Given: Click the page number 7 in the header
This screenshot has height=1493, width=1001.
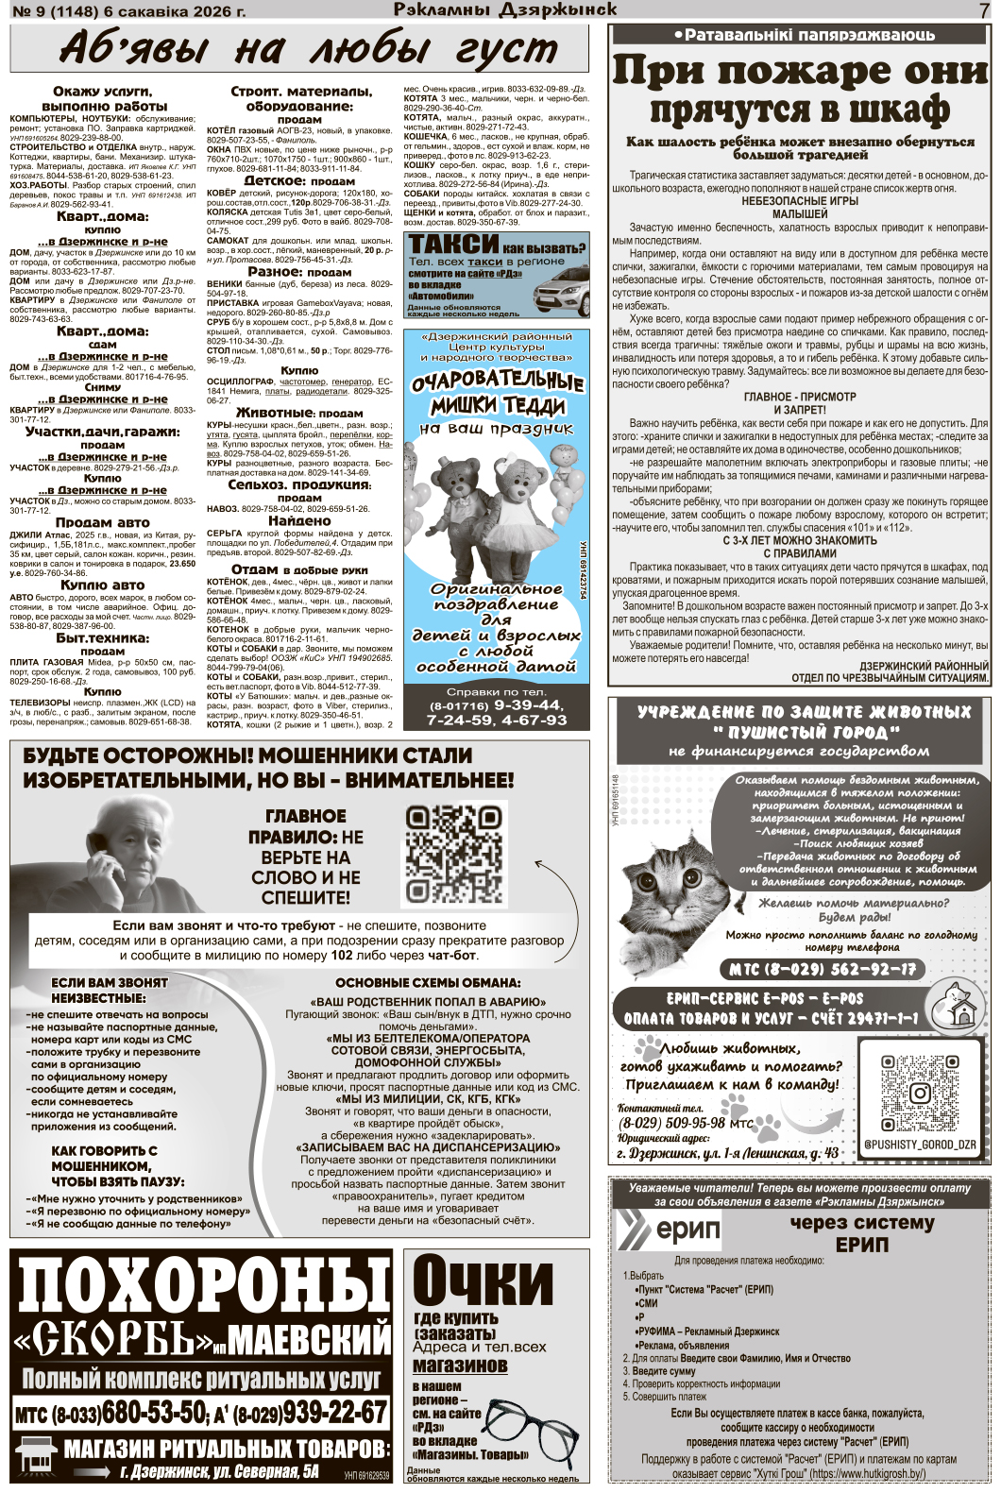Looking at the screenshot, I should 984,10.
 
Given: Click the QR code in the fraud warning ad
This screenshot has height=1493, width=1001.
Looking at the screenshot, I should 453,855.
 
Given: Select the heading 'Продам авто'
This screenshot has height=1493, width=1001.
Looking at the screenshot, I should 102,522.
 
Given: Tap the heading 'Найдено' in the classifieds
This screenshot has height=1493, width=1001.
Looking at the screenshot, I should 299,520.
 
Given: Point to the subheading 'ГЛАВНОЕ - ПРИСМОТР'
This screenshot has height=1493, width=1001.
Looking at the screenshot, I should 799,398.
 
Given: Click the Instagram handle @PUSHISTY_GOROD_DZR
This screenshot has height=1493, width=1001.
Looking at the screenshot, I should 919,1145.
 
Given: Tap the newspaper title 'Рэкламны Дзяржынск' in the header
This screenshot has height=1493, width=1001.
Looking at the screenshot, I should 505,10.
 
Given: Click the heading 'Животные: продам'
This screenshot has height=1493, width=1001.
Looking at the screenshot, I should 299,413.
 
